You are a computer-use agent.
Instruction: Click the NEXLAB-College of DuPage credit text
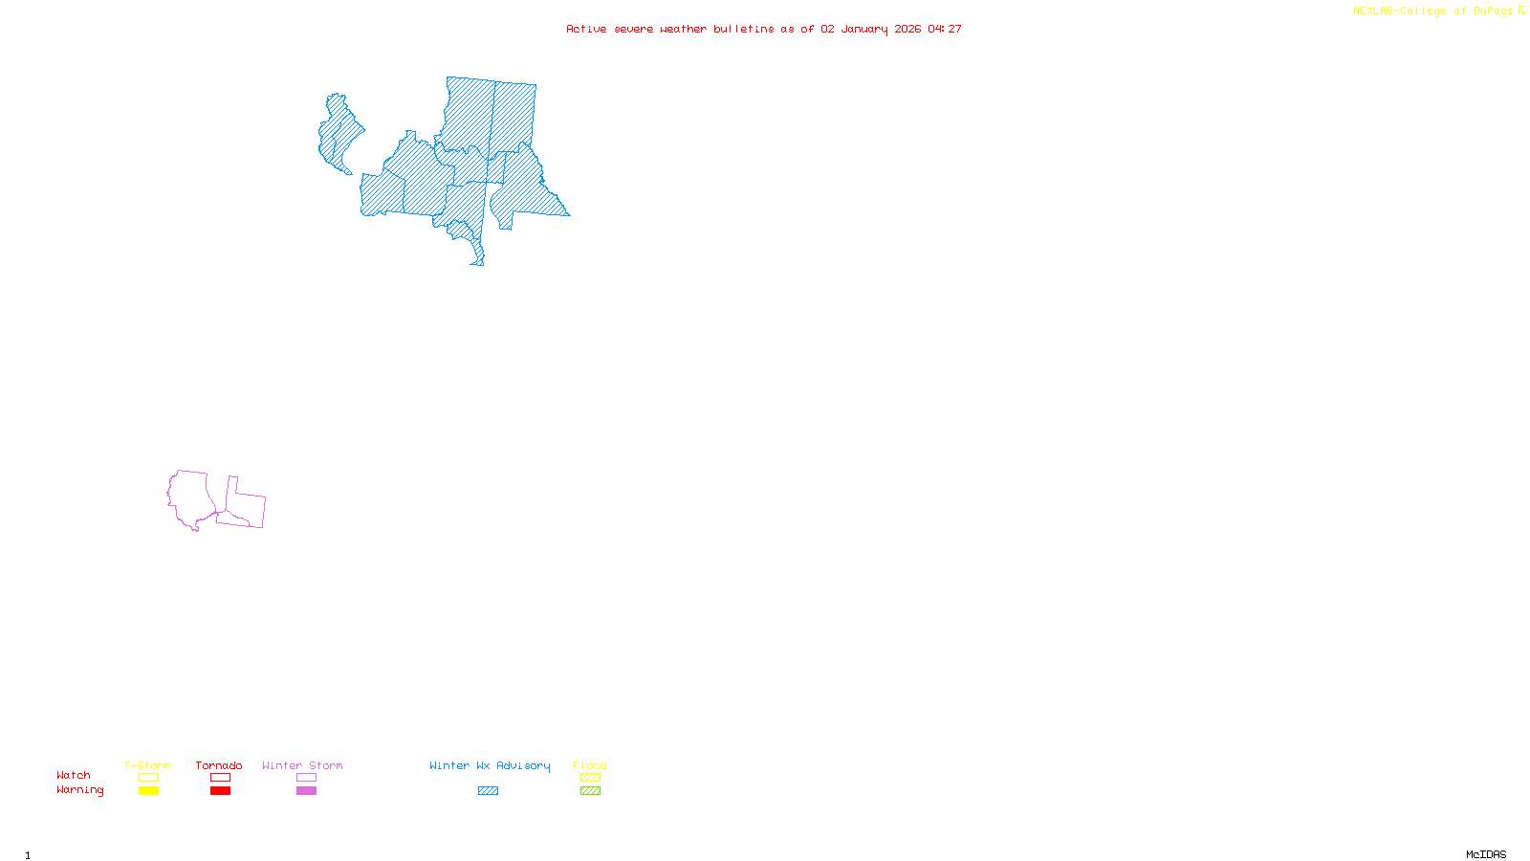coord(1432,11)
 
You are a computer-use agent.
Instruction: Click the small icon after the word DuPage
coord(1521,11)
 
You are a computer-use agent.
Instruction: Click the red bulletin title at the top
coord(763,29)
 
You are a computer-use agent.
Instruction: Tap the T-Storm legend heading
coord(147,765)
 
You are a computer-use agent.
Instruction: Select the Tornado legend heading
coord(219,765)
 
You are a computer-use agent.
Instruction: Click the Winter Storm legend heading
coord(302,765)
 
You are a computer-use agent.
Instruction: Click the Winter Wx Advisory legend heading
coord(490,765)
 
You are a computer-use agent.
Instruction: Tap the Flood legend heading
coord(590,765)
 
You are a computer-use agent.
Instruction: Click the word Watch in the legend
coord(74,775)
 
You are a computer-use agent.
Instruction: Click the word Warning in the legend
coord(80,790)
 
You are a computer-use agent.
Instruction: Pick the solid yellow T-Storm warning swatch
coord(148,791)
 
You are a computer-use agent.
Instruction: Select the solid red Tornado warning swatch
coord(220,791)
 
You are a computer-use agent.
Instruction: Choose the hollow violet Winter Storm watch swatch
coord(306,778)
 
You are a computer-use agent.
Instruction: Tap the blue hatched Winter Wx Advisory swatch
coord(488,791)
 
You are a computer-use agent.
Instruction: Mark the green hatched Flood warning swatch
coord(590,791)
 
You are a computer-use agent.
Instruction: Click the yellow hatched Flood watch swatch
coord(590,778)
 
